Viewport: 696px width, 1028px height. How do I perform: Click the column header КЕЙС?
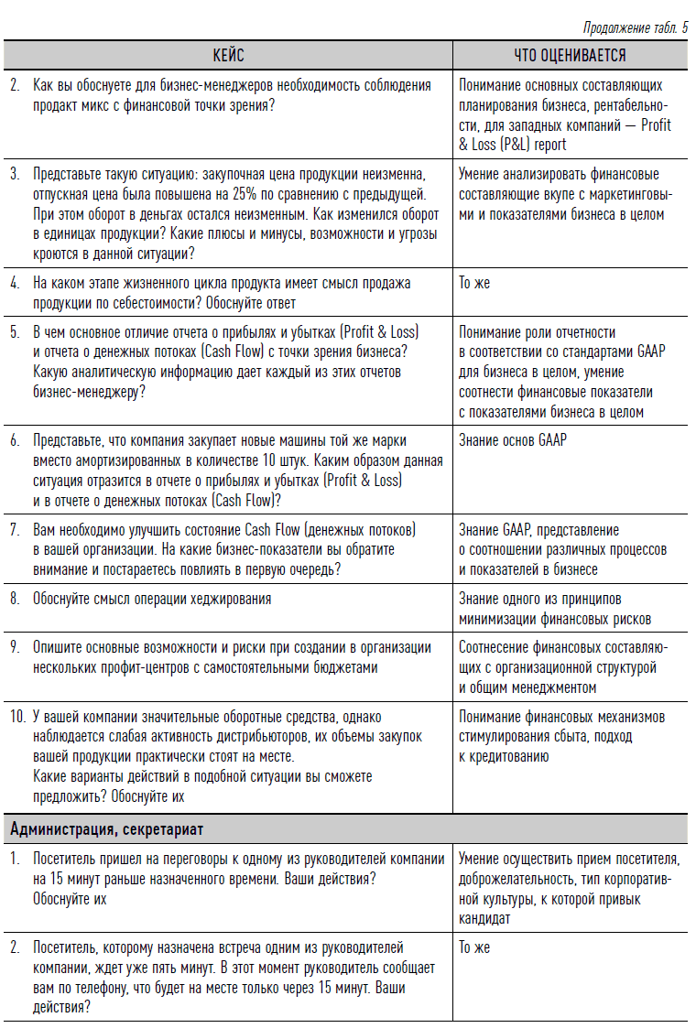coord(228,56)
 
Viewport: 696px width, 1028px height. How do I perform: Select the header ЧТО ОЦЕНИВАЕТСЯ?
coord(570,56)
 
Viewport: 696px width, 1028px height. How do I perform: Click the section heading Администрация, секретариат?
coord(107,829)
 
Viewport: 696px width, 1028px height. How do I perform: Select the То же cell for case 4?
coord(474,283)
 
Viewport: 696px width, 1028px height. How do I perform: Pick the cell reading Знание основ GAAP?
coord(513,440)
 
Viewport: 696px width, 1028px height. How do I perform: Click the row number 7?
coord(15,530)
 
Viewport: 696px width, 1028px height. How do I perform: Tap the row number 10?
coord(17,717)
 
